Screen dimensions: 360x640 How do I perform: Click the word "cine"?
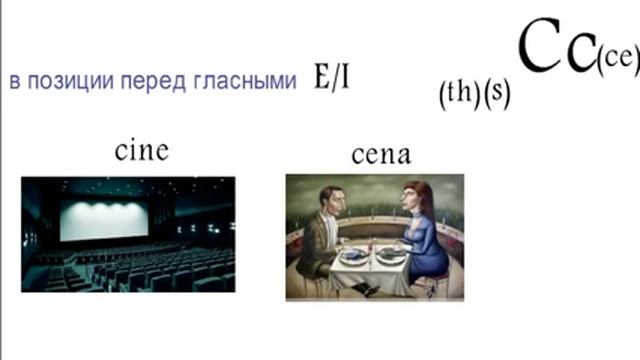[141, 151]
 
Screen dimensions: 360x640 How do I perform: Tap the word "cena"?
[381, 155]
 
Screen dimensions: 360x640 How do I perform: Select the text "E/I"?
[331, 80]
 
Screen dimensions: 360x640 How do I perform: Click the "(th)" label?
[458, 95]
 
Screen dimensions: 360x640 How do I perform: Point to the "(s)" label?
[495, 95]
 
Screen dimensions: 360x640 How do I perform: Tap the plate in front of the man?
[354, 255]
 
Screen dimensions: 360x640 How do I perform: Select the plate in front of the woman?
[393, 256]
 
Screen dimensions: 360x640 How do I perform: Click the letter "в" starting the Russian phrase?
[14, 81]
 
